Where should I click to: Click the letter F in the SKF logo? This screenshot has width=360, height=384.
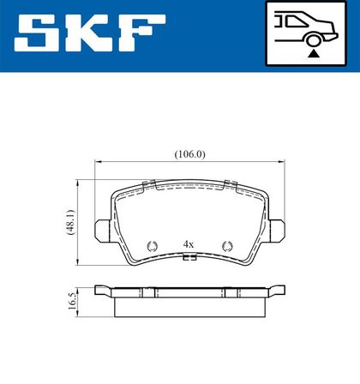click(142, 33)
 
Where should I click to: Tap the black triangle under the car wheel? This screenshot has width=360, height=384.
click(314, 53)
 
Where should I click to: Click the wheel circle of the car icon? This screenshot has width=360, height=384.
click(314, 40)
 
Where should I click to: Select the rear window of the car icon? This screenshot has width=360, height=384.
click(297, 21)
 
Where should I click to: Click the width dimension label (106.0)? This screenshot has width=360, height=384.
click(190, 154)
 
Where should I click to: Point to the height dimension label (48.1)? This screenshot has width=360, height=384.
click(70, 222)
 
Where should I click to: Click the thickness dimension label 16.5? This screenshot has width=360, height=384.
click(71, 301)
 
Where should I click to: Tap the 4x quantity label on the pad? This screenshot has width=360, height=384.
click(189, 244)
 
